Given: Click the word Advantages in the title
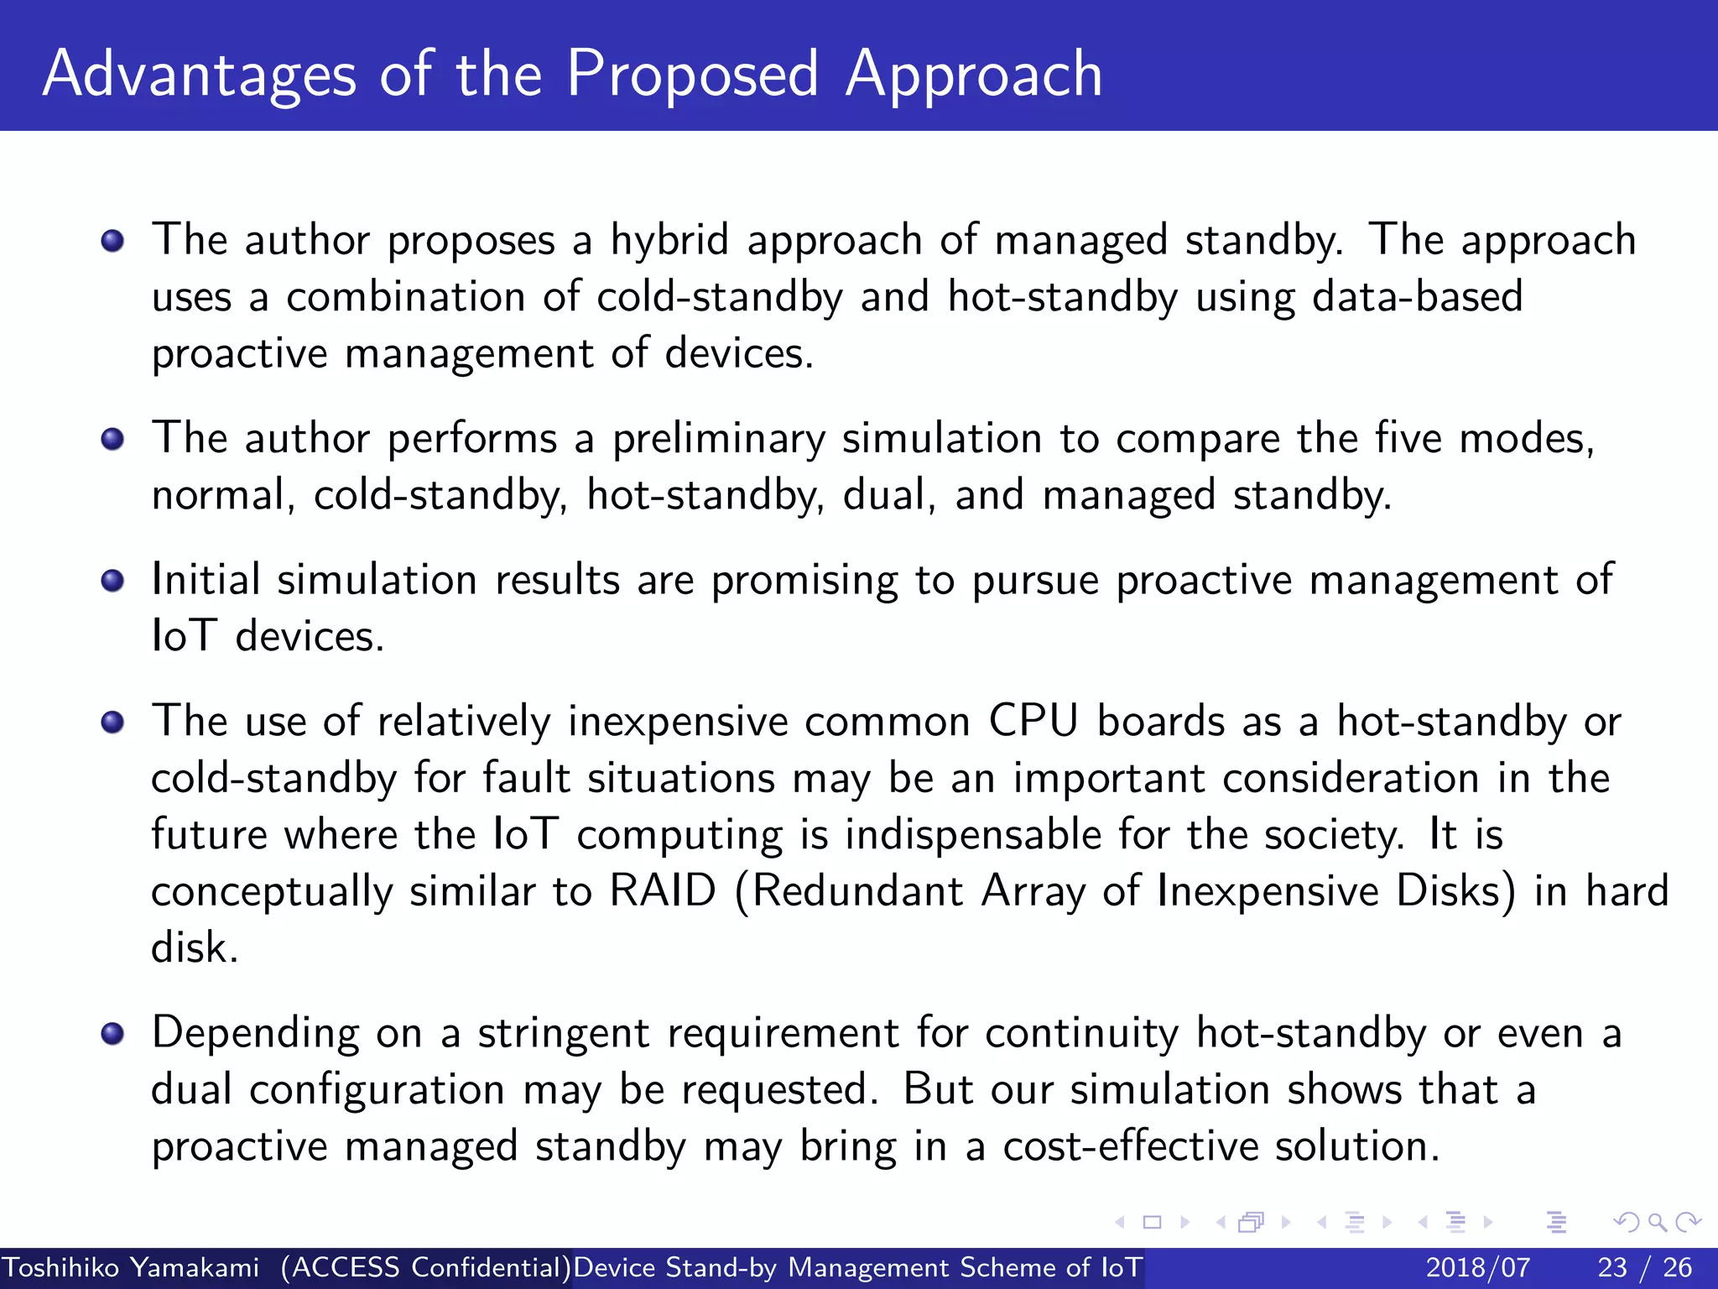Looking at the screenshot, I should pos(200,75).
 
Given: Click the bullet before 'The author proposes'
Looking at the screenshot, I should pos(112,242).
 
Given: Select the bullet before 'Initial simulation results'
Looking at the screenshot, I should pos(112,581).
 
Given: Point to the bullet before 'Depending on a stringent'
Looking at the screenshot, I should pos(112,1034).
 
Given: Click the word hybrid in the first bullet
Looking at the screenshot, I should pos(669,241).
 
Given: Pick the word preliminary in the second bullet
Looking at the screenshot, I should pos(718,440).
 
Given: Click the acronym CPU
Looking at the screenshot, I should pos(1033,722).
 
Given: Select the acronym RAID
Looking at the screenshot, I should pos(663,891).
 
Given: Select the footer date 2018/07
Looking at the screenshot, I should pos(1477,1267).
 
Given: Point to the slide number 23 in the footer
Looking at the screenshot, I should pos(1611,1267).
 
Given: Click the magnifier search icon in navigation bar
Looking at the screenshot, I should pos(1657,1222).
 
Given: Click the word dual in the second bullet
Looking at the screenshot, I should pos(889,495).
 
